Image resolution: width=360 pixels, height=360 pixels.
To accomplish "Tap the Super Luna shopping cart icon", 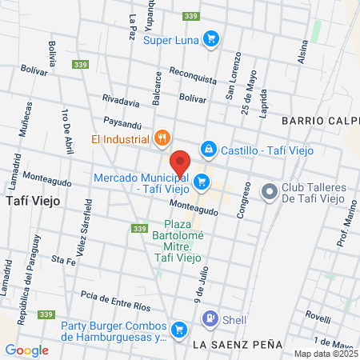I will pos(211,38).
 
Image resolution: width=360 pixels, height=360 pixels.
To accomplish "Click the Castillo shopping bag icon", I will pos(208,149).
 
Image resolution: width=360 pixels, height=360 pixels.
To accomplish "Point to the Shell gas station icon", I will pos(210,318).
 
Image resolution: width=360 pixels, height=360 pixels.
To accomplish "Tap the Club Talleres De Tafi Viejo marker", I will pos(268,192).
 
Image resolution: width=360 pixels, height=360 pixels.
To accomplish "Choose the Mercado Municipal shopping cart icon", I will pos(202,182).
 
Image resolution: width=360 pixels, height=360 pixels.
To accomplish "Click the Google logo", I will pos(26,350).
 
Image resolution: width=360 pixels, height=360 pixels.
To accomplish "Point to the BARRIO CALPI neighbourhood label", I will pos(319,120).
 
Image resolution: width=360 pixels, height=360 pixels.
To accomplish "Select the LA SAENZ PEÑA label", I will pos(238,344).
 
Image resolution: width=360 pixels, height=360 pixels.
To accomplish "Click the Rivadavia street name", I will pos(121,101).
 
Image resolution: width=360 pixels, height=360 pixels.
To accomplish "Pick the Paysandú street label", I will pos(123,122).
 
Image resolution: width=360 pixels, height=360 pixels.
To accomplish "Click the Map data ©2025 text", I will pos(324,354).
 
